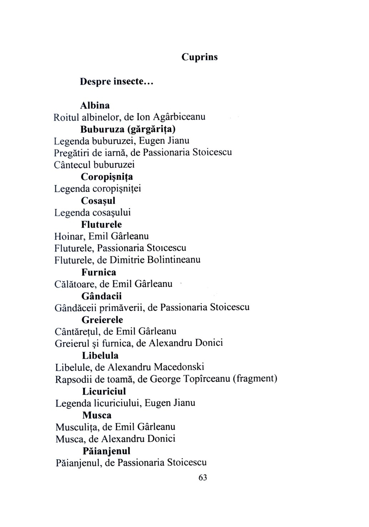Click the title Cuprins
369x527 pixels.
pyautogui.click(x=199, y=57)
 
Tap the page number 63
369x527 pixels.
pyautogui.click(x=202, y=478)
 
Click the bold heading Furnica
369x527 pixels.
pyautogui.click(x=99, y=272)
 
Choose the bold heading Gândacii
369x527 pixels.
pyautogui.click(x=102, y=296)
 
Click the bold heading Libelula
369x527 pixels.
pyautogui.click(x=100, y=356)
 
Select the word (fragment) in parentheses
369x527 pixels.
pyautogui.click(x=255, y=379)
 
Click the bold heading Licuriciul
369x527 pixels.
pyautogui.click(x=104, y=391)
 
